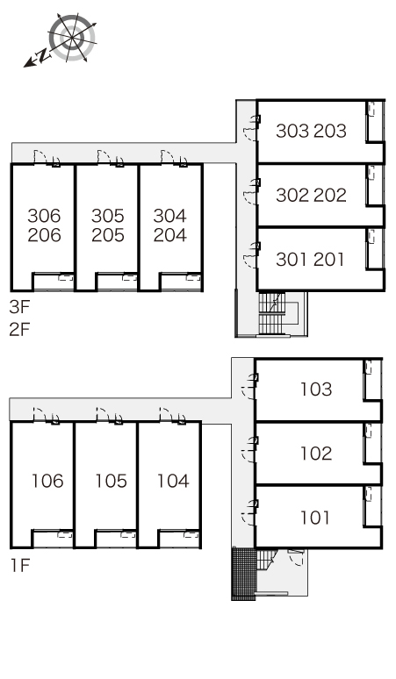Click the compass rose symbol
tap(71, 38)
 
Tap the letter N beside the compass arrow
tap(43, 55)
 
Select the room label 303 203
tap(311, 131)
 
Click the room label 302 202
tap(311, 196)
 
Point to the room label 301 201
tap(310, 260)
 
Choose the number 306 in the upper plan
tap(44, 215)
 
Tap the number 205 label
tap(107, 235)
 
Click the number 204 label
tap(169, 235)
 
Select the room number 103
tap(316, 389)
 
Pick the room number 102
tap(316, 453)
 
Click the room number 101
tap(315, 517)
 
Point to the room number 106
tap(47, 481)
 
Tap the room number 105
tap(111, 481)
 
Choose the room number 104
tap(173, 481)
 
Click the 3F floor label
tap(19, 307)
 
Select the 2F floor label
tap(19, 330)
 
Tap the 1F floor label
tap(19, 565)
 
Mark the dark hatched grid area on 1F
tap(244, 574)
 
